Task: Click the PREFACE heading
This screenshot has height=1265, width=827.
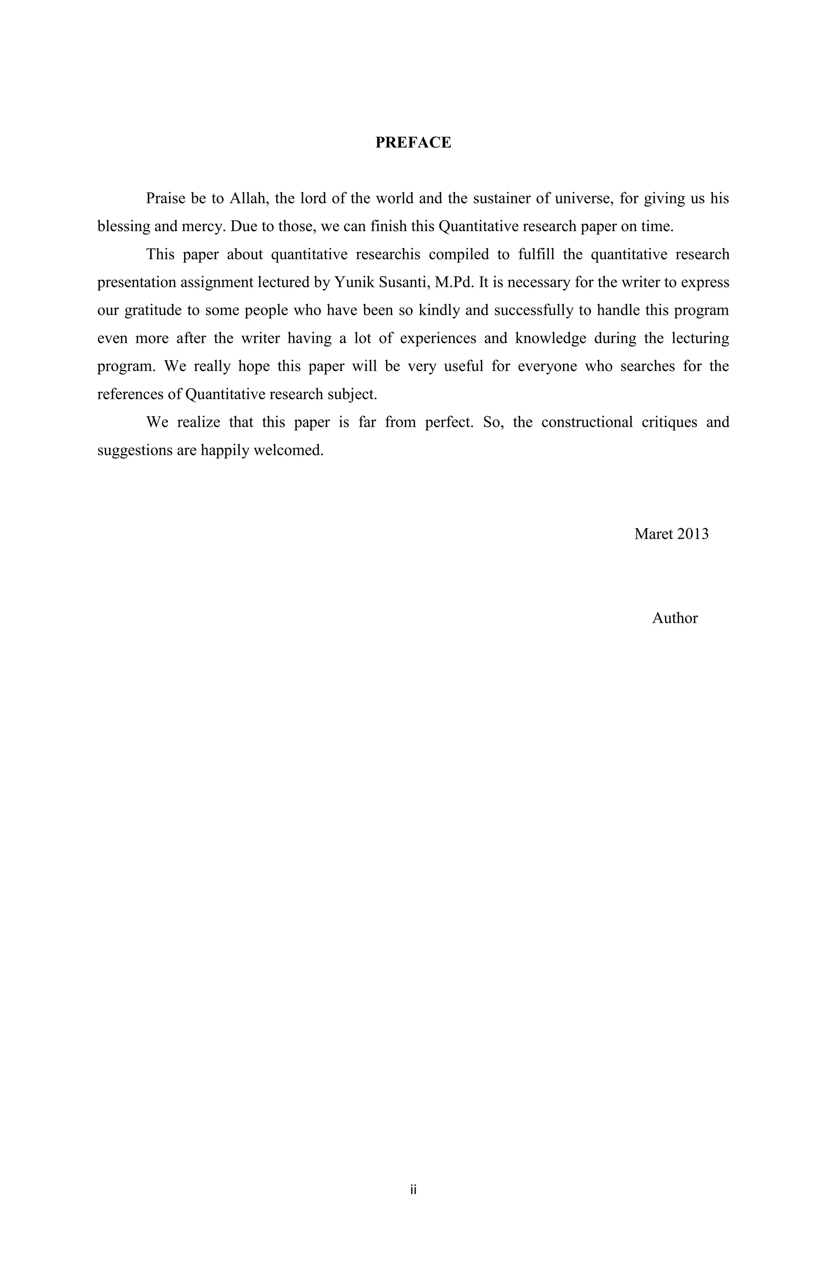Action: pyautogui.click(x=413, y=142)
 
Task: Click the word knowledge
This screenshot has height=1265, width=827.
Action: pyautogui.click(x=551, y=339)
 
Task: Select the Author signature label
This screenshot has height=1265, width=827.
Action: pyautogui.click(x=674, y=618)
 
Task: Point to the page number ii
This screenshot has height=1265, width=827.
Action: pyautogui.click(x=413, y=1189)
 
